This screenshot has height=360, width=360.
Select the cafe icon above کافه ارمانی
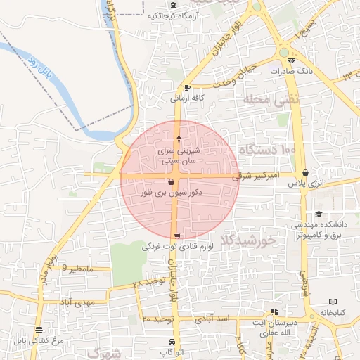186,87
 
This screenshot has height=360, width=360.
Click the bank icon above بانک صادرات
291,61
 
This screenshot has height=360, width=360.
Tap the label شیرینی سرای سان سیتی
181,155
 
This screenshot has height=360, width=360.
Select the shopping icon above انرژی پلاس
304,172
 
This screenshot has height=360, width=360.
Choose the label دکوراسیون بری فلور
162,192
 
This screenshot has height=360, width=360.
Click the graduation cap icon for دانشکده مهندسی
319,214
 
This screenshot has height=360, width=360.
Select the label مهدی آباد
77,302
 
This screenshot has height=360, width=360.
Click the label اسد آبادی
214,319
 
